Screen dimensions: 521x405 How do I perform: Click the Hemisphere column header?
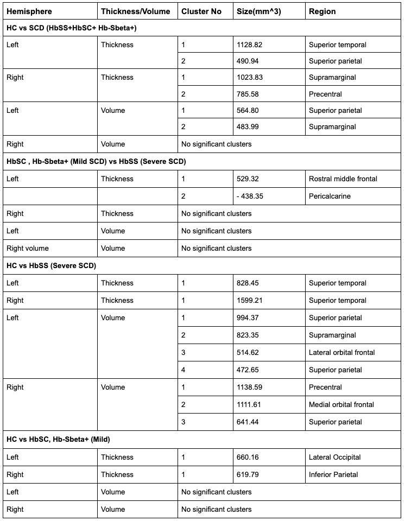[x=29, y=11]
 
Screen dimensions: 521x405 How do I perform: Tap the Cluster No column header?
[x=201, y=11]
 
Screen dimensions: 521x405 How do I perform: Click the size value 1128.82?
[x=250, y=45]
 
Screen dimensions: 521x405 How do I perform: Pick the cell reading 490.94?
[x=248, y=61]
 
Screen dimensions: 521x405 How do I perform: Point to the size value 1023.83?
[x=250, y=78]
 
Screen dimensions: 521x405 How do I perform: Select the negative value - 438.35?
[x=250, y=196]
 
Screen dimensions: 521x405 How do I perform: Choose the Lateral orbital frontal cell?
[x=342, y=353]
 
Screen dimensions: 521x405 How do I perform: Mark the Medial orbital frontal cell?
[x=341, y=405]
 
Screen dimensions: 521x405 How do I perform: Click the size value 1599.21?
[x=250, y=301]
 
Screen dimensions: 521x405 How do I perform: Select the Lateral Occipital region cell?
[x=335, y=458]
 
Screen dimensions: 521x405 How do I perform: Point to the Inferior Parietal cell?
[x=333, y=475]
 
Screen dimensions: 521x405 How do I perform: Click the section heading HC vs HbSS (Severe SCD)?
[x=51, y=266]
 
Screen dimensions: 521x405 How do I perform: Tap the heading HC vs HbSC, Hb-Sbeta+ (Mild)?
[x=58, y=440]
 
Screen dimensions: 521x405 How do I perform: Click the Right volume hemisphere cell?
[x=28, y=249]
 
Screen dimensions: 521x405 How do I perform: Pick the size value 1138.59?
[x=250, y=387]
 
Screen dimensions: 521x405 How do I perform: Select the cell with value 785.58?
[x=248, y=94]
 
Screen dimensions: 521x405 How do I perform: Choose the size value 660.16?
[x=248, y=458]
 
